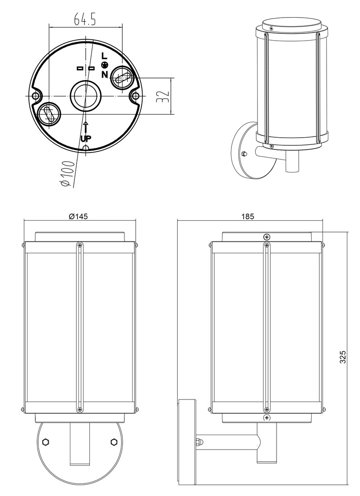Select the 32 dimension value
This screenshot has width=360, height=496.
164,96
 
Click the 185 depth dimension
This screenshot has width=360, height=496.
248,216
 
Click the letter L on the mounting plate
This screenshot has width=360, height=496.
104,56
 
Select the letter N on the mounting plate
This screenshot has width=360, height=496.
104,74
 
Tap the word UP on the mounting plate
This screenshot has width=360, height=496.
86,138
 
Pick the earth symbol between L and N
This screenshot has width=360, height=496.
104,65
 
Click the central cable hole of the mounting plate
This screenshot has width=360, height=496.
85,96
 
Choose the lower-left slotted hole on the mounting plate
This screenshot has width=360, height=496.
49,115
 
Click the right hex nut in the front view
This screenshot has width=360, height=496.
114,440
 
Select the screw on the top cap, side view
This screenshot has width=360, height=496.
267,237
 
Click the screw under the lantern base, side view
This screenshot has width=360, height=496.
267,418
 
